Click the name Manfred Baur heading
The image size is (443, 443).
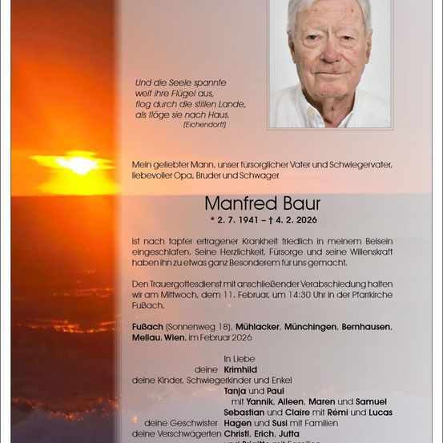pyautogui.click(x=262, y=203)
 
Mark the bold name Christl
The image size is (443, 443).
pyautogui.click(x=238, y=433)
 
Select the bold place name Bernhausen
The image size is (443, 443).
pyautogui.click(x=366, y=327)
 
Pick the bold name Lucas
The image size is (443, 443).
pyautogui.click(x=377, y=411)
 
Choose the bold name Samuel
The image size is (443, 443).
pyautogui.click(x=371, y=401)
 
